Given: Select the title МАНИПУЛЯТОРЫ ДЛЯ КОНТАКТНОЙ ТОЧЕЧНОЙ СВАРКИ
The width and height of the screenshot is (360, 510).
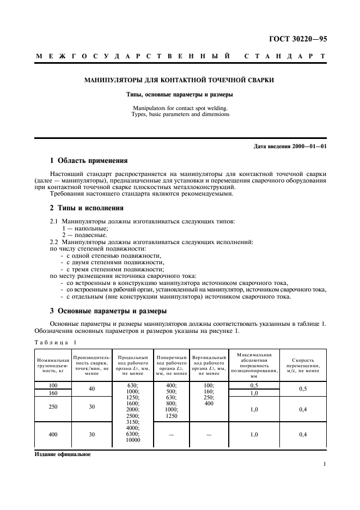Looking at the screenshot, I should point(179,80).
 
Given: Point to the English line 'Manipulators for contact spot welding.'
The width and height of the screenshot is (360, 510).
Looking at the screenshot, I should point(180,108).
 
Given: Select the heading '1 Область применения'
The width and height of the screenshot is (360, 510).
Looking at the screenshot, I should point(89,161).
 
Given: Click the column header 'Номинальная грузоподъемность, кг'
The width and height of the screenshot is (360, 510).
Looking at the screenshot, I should point(52,365).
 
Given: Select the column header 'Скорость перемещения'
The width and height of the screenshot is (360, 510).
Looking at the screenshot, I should point(302,365).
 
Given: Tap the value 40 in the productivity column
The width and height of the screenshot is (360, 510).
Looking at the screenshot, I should point(91,388).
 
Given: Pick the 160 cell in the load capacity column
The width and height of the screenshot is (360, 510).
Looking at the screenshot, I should point(52,392).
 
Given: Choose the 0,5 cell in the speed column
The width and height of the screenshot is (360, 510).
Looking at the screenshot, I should point(302,388).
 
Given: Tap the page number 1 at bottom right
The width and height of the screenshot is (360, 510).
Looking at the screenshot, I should point(325,464).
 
